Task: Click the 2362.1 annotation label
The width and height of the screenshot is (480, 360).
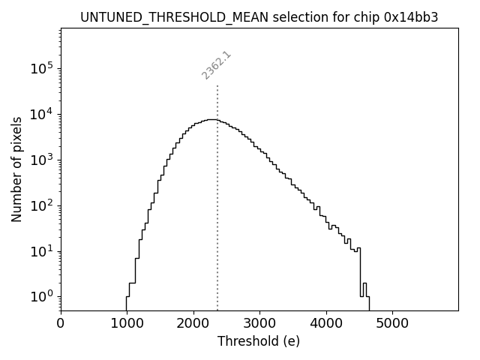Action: click(x=216, y=65)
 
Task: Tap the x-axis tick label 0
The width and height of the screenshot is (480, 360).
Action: click(x=61, y=323)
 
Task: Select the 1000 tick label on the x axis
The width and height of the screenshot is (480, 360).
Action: click(x=127, y=323)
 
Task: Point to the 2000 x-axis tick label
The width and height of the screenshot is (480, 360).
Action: click(x=193, y=323)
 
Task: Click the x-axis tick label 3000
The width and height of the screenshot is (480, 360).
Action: click(x=259, y=323)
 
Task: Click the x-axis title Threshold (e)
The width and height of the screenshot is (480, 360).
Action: click(x=259, y=341)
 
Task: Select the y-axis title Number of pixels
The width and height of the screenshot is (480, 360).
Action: click(x=16, y=169)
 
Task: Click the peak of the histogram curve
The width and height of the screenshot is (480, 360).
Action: click(x=211, y=119)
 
